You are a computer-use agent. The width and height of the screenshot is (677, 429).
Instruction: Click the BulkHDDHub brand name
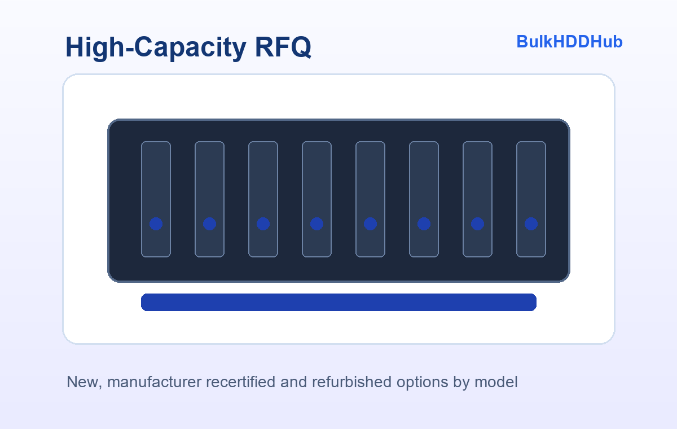click(569, 42)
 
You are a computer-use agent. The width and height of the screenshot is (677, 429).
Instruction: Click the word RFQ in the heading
click(283, 47)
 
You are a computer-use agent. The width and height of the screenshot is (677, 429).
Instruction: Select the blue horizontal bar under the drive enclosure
click(338, 302)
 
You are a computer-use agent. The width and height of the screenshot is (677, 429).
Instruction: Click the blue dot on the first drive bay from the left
click(156, 224)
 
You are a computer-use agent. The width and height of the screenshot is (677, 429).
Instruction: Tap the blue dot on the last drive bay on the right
click(531, 224)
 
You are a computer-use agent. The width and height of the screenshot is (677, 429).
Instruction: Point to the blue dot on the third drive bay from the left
click(263, 224)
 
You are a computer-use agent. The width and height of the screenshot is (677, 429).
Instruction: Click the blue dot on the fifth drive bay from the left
click(370, 224)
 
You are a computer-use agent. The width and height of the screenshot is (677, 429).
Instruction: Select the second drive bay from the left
click(209, 199)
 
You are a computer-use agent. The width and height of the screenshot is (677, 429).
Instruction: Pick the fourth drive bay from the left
click(316, 199)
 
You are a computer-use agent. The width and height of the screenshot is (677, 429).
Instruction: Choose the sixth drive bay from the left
click(424, 199)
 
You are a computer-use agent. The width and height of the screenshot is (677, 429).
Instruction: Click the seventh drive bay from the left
click(477, 199)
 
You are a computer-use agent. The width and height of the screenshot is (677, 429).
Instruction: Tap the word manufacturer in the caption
click(154, 382)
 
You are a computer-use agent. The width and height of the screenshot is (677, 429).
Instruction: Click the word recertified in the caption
click(240, 382)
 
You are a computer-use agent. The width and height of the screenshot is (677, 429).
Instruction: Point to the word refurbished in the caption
click(352, 382)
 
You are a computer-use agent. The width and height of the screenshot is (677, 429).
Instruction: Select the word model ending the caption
click(496, 382)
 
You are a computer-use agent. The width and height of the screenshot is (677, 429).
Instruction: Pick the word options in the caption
click(422, 383)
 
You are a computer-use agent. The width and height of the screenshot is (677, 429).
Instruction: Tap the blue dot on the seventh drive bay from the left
click(477, 224)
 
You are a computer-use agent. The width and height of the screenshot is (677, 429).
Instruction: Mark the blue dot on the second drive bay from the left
click(209, 224)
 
